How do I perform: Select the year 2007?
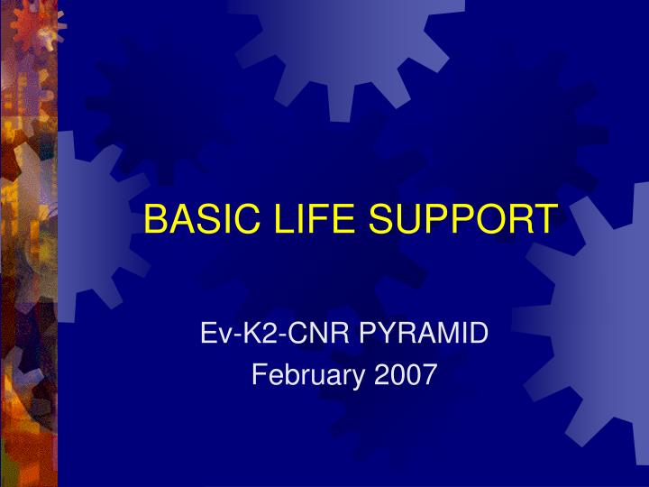pos(406,373)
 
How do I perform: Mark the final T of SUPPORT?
pos(545,219)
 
